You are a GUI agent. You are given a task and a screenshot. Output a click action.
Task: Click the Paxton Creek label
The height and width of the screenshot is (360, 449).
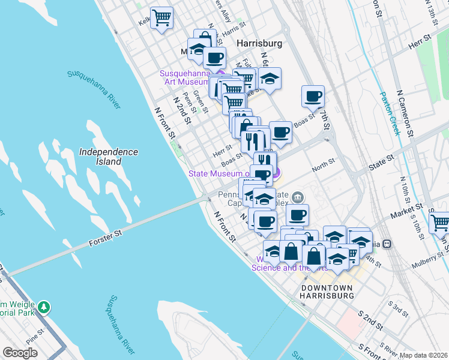390,113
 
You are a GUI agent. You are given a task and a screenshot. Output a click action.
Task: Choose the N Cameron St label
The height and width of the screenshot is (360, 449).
405,113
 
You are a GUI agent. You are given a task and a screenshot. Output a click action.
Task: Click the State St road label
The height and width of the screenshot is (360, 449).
381,160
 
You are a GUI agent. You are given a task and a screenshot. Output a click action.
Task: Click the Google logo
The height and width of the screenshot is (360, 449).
20,353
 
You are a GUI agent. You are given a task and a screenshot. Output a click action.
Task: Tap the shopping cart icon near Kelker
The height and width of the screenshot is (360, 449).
161,18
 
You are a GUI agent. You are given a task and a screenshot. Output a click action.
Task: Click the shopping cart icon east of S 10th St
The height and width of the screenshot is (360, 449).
441,223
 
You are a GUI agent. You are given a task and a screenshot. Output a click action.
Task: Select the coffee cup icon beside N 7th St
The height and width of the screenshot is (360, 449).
313,96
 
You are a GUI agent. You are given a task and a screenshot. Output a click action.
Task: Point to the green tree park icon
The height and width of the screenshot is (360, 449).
43,307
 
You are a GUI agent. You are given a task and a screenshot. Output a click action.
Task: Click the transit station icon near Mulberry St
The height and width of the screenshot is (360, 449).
387,244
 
